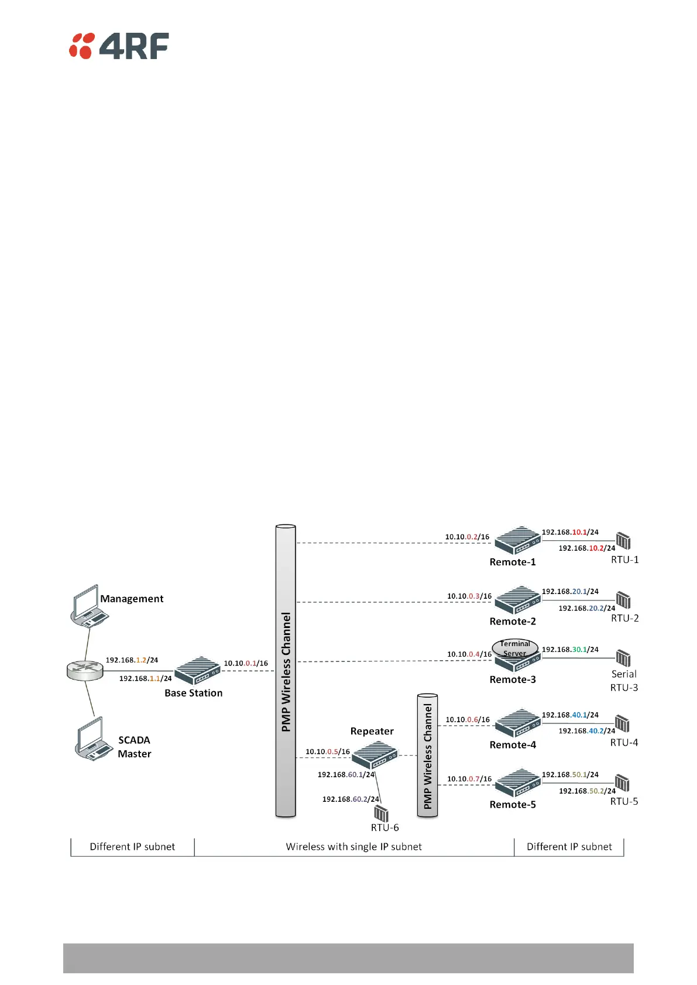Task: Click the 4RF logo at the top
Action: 119,46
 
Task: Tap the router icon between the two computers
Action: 85,671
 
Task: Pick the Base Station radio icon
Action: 197,670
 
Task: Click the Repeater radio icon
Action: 375,755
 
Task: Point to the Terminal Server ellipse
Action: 514,648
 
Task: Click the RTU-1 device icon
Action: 623,541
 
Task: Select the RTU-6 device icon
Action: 381,813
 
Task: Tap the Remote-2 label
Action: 513,622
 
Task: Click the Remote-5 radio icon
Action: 517,783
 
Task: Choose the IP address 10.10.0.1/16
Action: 246,663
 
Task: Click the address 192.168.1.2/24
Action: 132,660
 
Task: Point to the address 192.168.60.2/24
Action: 351,799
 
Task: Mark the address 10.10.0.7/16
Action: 469,779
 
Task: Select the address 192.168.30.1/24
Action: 570,650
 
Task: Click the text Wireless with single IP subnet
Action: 353,847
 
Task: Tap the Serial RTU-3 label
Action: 624,681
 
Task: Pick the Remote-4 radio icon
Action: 517,723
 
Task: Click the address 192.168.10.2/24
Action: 586,548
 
